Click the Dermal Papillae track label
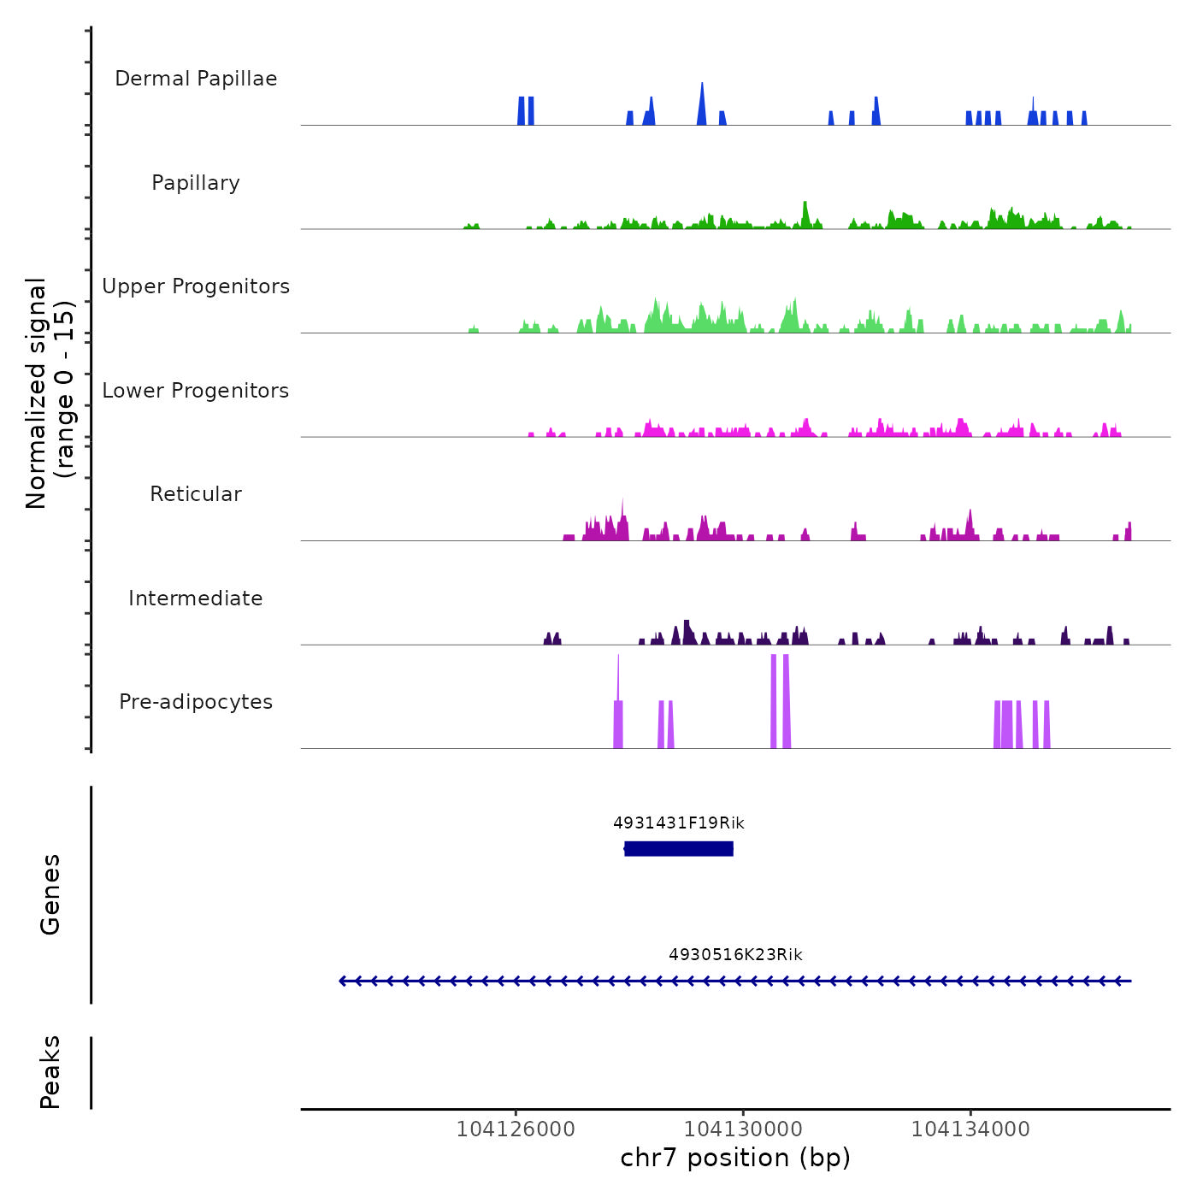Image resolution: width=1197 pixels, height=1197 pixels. pyautogui.click(x=196, y=79)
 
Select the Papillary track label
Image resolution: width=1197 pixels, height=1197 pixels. pyautogui.click(x=196, y=183)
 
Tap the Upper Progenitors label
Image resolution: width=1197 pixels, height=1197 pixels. pyautogui.click(x=196, y=286)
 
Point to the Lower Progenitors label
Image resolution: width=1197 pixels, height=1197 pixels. pyautogui.click(x=196, y=391)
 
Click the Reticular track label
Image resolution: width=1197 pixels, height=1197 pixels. pyautogui.click(x=196, y=494)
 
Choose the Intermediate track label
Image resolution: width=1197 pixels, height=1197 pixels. pyautogui.click(x=196, y=598)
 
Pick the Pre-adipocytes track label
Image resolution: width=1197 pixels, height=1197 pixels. pyautogui.click(x=196, y=702)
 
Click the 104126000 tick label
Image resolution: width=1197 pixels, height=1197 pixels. pyautogui.click(x=516, y=1129)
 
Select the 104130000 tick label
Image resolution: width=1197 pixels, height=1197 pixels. pyautogui.click(x=743, y=1129)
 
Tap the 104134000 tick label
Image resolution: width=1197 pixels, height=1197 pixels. pyautogui.click(x=970, y=1129)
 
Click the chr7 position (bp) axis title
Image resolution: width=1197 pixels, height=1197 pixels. pyautogui.click(x=735, y=1158)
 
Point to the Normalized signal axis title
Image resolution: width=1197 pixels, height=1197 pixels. pyautogui.click(x=50, y=393)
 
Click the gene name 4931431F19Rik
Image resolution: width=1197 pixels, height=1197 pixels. pyautogui.click(x=679, y=823)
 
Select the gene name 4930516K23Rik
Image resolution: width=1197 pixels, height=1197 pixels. pyautogui.click(x=735, y=955)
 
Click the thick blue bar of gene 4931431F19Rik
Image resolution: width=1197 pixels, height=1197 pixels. pyautogui.click(x=679, y=848)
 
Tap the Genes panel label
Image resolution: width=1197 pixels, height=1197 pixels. pyautogui.click(x=50, y=894)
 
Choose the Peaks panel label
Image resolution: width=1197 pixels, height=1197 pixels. pyautogui.click(x=50, y=1072)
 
